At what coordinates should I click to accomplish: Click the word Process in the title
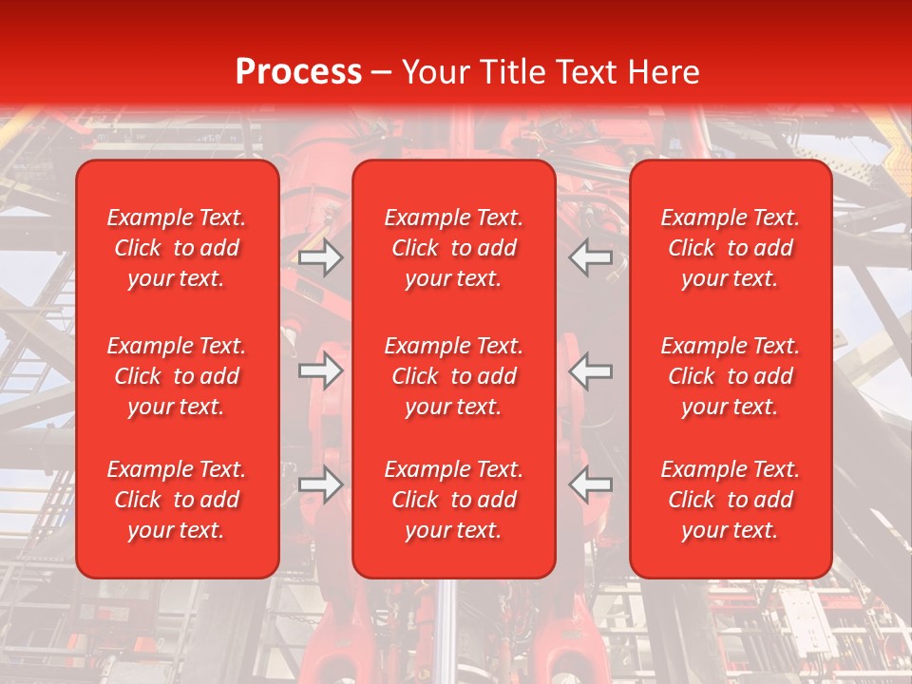(x=298, y=72)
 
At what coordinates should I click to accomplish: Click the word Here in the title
(x=663, y=72)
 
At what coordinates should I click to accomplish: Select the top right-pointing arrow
(x=320, y=257)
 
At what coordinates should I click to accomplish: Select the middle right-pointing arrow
(x=320, y=370)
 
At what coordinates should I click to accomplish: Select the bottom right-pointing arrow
(x=320, y=484)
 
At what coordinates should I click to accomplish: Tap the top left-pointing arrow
(x=591, y=257)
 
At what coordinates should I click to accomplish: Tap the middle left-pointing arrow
(x=591, y=370)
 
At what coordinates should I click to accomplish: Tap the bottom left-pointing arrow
(x=591, y=484)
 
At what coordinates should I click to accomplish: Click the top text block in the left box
(x=177, y=248)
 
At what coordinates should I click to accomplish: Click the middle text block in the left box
(x=177, y=376)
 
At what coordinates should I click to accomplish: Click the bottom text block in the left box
(x=177, y=500)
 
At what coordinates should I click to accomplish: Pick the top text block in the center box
(x=453, y=248)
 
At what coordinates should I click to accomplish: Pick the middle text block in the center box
(x=453, y=376)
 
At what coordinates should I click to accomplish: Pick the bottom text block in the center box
(x=453, y=500)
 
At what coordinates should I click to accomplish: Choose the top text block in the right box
(x=731, y=248)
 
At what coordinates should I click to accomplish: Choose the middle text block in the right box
(x=731, y=376)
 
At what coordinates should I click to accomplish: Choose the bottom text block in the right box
(x=731, y=500)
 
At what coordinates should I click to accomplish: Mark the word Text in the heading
(x=587, y=72)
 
